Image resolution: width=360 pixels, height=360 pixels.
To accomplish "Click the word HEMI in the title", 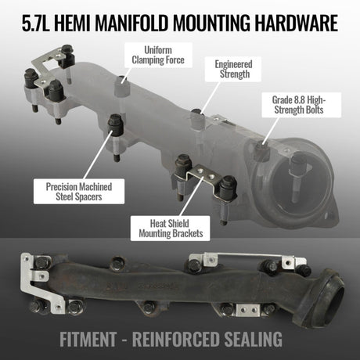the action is coord(71,23).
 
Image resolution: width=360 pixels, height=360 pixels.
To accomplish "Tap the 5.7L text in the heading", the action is coord(35,23).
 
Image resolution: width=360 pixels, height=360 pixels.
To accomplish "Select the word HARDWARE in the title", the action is coord(297,23).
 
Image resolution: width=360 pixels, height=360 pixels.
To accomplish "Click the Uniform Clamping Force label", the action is coord(158,55).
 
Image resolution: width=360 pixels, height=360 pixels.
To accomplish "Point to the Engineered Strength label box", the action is coord(233,69).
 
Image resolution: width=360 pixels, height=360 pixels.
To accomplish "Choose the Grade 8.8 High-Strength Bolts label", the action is coord(301,105).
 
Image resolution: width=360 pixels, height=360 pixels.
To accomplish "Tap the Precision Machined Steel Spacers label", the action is coord(79,192).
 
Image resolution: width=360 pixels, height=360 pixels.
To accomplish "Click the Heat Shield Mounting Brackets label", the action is coord(171,229).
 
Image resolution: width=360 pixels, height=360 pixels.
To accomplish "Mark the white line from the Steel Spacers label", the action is coord(98,154).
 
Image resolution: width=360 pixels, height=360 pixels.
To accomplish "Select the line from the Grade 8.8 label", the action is coord(271,131).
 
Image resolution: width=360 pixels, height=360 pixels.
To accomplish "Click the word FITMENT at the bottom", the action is coord(88,339).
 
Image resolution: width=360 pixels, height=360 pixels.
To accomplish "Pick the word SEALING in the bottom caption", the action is coord(253,339).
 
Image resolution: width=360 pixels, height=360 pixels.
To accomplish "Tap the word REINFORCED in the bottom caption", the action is coord(175,339).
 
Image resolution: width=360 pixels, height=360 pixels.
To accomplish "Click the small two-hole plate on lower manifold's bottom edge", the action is coord(248,310).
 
